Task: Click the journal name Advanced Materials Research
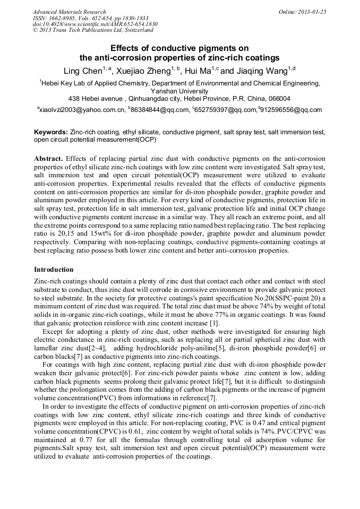pyautogui.click(x=69, y=12)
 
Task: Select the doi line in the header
pyautogui.click(x=95, y=24)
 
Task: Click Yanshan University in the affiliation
pyautogui.click(x=179, y=91)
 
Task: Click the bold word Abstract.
pyautogui.click(x=49, y=159)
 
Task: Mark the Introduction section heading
pyautogui.click(x=54, y=270)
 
